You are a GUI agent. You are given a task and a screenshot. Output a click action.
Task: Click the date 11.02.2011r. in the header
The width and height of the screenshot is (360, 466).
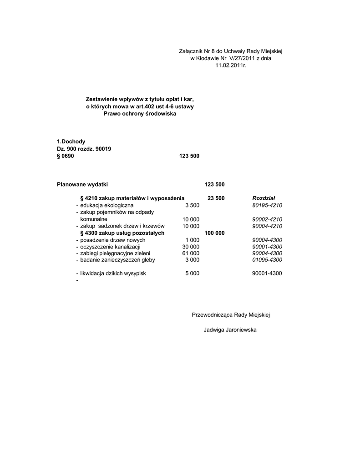[231, 66]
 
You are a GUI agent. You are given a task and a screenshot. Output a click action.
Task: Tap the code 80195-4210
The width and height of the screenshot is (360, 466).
[267, 205]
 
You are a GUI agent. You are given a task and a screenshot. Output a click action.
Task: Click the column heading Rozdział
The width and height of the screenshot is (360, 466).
[261, 198]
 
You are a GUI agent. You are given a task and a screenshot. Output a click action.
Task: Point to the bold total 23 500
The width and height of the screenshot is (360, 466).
[216, 198]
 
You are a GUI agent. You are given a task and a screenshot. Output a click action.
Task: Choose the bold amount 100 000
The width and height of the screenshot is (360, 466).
[215, 233]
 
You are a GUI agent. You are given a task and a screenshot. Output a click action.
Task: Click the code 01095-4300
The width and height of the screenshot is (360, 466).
[267, 260]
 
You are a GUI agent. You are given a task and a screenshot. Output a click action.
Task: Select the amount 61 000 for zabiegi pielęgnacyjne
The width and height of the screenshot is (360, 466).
[191, 253]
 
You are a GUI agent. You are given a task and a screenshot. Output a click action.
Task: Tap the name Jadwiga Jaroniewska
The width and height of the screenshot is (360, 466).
[230, 329]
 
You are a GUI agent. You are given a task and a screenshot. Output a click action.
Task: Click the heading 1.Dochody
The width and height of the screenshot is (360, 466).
[71, 142]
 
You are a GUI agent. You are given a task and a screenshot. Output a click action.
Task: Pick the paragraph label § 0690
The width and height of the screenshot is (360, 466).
[65, 156]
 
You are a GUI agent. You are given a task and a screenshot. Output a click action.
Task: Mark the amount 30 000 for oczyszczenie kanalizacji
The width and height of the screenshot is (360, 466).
[191, 246]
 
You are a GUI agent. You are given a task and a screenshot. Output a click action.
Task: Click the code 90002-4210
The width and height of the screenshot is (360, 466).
[267, 219]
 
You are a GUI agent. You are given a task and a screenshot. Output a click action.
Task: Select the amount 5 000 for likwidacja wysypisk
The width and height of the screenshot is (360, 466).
[192, 274]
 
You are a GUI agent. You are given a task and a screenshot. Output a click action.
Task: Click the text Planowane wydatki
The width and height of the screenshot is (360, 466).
[82, 184]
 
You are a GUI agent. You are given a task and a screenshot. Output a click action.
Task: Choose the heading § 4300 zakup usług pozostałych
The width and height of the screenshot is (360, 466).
[122, 233]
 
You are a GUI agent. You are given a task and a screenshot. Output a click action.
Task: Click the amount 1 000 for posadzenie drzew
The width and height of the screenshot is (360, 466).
[192, 239]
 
